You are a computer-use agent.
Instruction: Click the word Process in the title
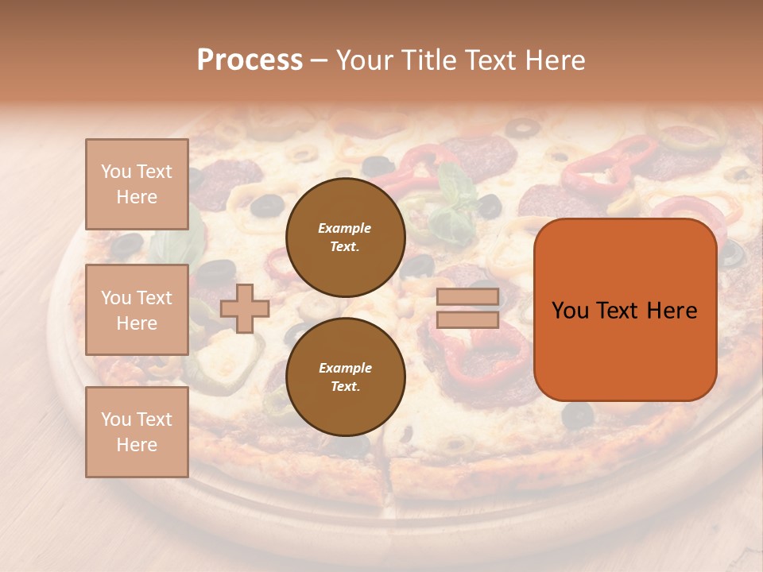(x=250, y=60)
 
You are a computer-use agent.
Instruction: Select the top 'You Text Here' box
(x=137, y=184)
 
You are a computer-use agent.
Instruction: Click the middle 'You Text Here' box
(x=137, y=310)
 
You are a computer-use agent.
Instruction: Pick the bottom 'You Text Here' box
(x=137, y=432)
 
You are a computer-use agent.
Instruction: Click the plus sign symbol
(x=245, y=308)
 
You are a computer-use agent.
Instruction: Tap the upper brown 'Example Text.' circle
(x=346, y=238)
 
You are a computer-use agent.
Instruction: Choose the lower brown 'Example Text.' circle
(x=346, y=377)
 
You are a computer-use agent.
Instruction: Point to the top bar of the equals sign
(x=467, y=297)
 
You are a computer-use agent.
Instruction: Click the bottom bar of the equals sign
(x=467, y=319)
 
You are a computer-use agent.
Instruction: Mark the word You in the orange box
(x=570, y=311)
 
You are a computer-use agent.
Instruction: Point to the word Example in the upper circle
(x=345, y=228)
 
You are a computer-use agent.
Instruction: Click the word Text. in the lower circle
(x=345, y=387)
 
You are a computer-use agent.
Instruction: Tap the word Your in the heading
(x=362, y=60)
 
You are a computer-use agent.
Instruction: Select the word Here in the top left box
(x=137, y=197)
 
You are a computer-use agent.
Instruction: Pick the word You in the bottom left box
(x=116, y=419)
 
